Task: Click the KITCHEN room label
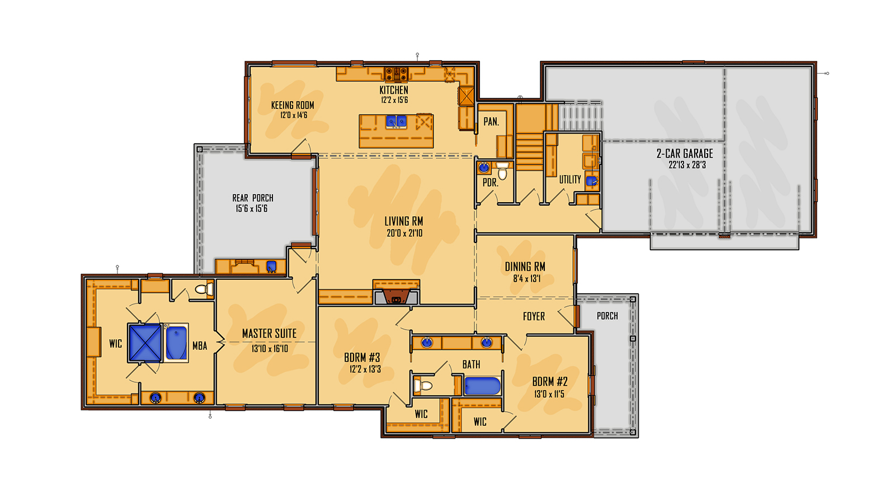394,90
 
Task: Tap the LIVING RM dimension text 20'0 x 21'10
404,234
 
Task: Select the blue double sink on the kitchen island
397,121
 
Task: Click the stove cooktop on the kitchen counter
396,73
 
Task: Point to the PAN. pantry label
491,122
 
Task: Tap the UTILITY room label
569,179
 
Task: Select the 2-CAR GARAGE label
685,154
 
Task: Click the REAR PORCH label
253,198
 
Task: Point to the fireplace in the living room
396,296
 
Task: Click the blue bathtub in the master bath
176,343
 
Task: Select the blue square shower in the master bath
145,343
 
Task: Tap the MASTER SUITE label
269,334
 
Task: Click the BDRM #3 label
362,358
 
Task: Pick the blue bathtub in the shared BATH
482,386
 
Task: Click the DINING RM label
525,267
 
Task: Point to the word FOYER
534,317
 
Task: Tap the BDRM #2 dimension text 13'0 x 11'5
549,394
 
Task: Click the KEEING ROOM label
293,105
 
